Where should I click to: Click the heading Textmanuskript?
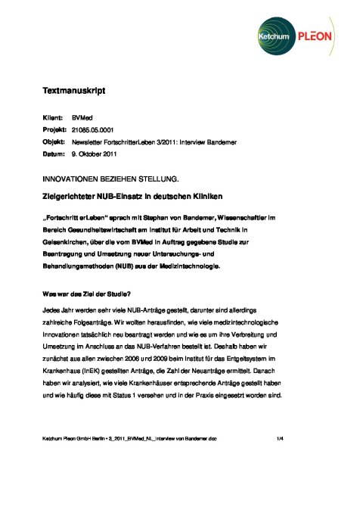coord(73,92)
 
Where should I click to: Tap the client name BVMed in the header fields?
coord(82,120)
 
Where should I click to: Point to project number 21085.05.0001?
coord(97,131)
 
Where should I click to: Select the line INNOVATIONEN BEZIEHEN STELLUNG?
coord(110,179)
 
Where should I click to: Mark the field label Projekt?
coord(54,131)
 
